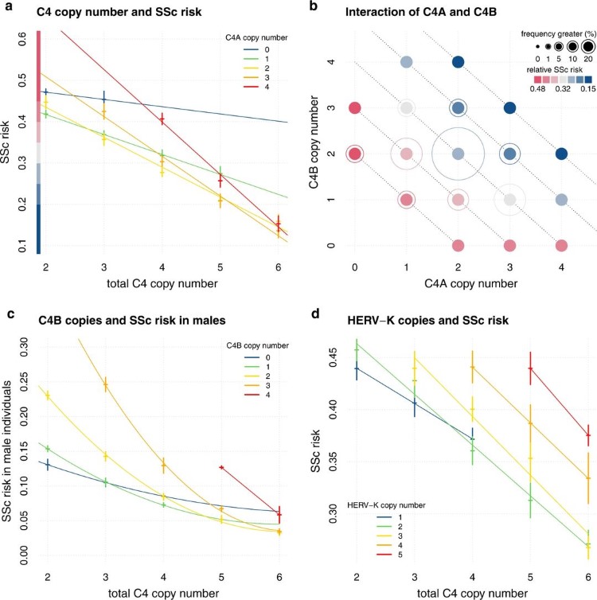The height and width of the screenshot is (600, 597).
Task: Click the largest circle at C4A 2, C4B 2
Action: (x=458, y=154)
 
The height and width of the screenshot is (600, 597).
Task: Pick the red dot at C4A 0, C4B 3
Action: (x=355, y=107)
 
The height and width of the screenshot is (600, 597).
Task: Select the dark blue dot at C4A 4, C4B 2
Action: (x=561, y=154)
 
